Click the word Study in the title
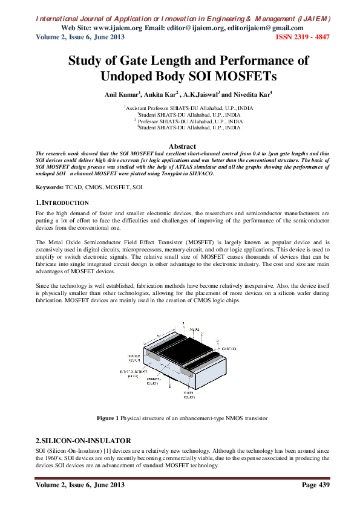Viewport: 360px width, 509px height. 89,60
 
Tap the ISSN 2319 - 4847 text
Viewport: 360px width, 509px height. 303,37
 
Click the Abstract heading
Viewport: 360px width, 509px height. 182,146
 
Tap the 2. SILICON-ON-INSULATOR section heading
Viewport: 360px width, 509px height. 82,440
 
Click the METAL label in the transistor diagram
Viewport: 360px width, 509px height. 194,329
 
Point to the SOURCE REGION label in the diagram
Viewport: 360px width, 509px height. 135,357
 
